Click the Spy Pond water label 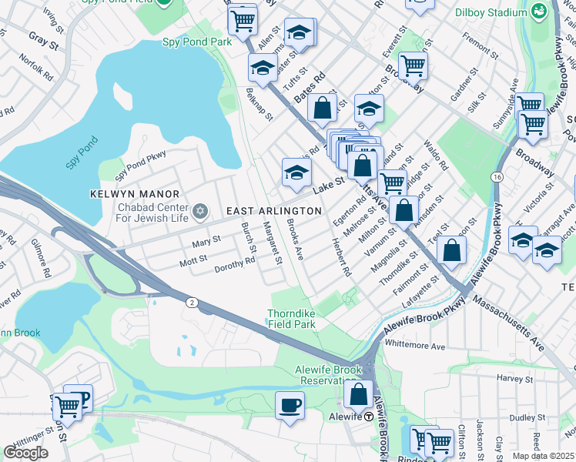(82, 153)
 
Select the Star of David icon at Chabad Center (200, 210)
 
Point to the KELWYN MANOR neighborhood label (134, 194)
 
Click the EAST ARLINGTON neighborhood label (273, 211)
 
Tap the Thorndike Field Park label (292, 319)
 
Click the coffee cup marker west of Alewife (290, 405)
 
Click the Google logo (25, 452)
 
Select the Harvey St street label (515, 378)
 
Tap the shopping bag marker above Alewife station (359, 394)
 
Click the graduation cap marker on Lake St (296, 172)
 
